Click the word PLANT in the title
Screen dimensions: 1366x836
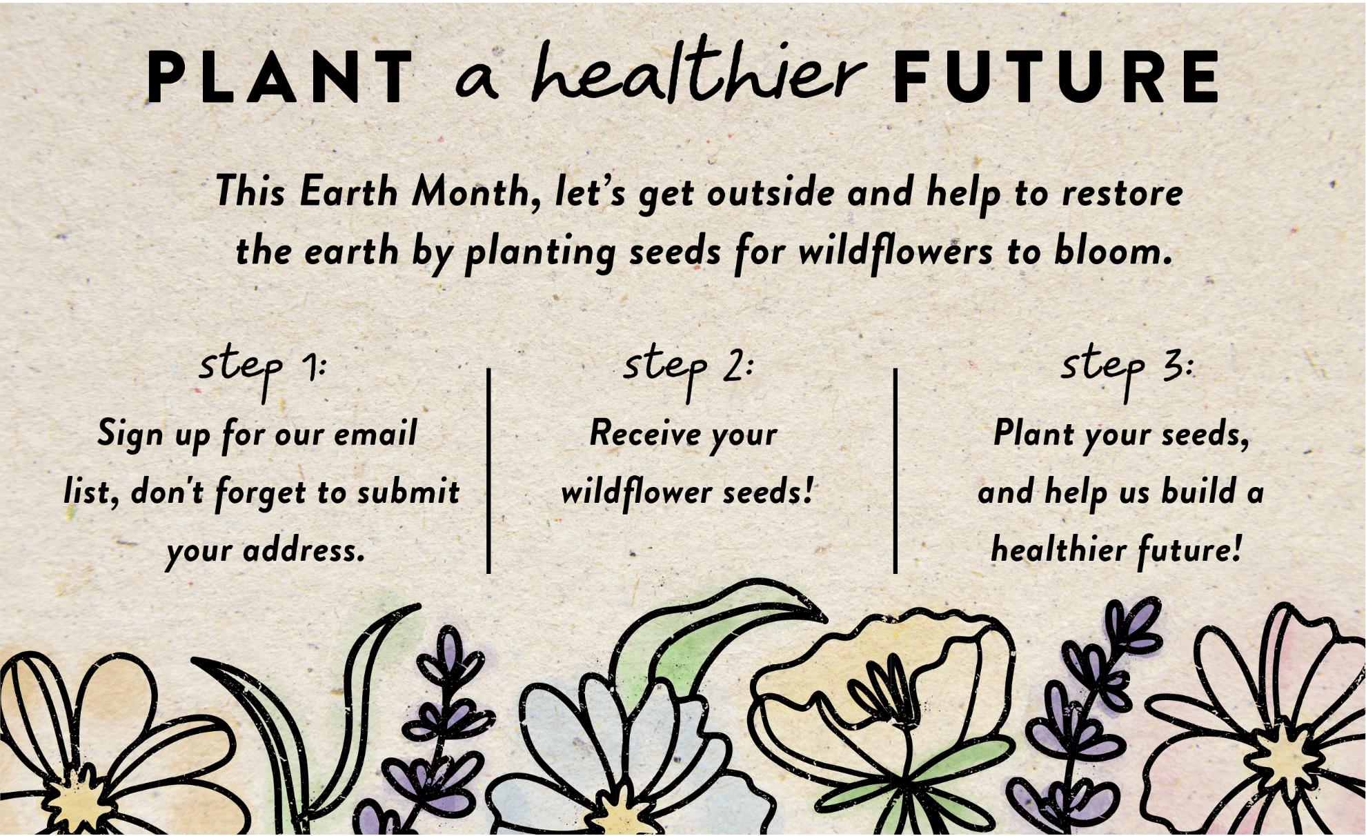click(279, 77)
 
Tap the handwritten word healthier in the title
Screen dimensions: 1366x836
click(697, 74)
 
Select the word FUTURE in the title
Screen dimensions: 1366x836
click(1056, 77)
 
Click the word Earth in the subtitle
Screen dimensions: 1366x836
click(348, 191)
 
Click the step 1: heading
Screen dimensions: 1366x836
click(262, 369)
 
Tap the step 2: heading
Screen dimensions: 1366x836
click(688, 369)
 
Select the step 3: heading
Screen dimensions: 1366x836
click(1127, 369)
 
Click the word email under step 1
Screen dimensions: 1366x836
click(375, 433)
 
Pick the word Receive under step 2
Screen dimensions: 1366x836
click(645, 434)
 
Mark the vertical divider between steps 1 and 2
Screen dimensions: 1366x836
click(488, 471)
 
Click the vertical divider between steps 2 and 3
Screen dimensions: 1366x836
click(895, 471)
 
